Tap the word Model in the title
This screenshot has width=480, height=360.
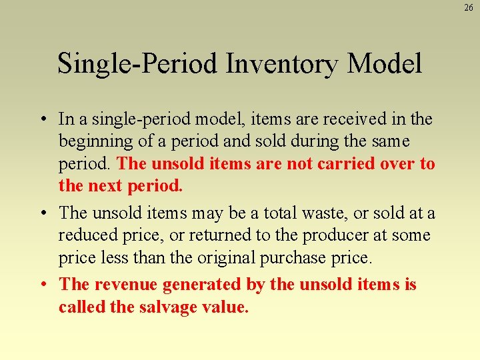point(385,64)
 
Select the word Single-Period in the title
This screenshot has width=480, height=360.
point(137,64)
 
